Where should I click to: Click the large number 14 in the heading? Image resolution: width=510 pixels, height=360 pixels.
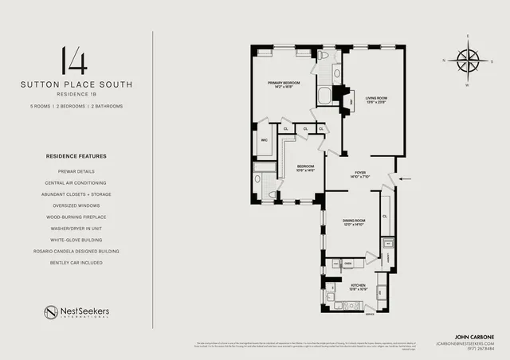[x=76, y=61]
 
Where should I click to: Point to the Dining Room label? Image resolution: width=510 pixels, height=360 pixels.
[x=354, y=222]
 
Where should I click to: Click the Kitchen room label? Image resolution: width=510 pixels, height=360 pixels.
[x=359, y=287]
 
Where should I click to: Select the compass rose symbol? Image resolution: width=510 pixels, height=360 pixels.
[x=469, y=60]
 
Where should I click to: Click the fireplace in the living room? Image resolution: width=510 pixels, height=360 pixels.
[x=348, y=102]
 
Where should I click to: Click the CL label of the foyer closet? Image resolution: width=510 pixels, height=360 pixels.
[x=384, y=215]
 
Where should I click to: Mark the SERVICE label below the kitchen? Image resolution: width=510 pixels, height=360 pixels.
[x=368, y=313]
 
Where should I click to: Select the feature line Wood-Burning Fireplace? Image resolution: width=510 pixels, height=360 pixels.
[x=76, y=217]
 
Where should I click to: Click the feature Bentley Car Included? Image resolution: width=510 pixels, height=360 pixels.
[x=76, y=262]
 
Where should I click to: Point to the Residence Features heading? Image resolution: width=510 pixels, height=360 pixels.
[x=76, y=156]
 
